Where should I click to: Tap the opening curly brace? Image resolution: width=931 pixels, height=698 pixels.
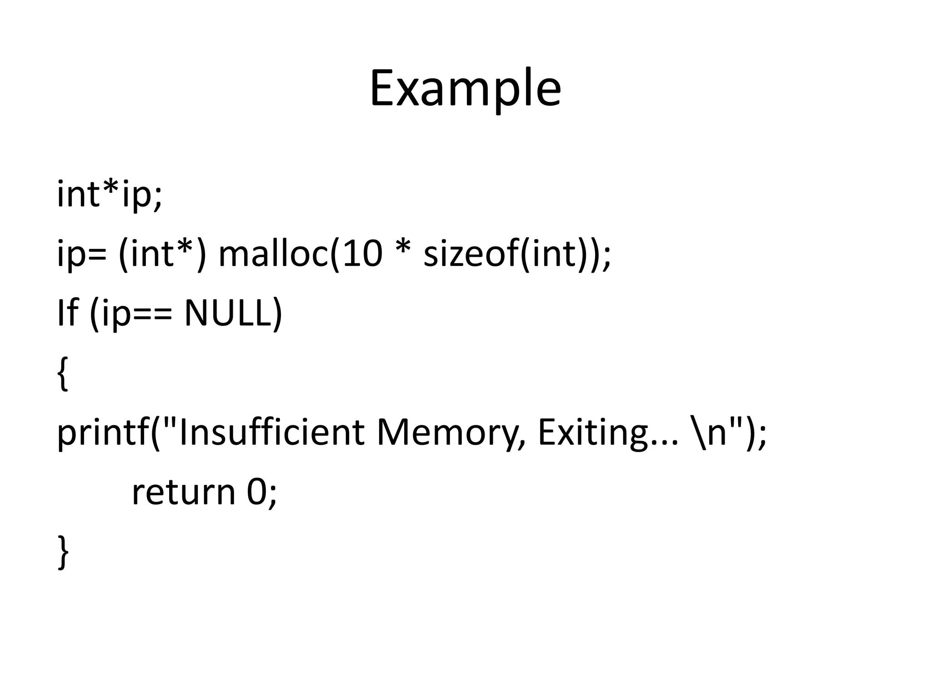pos(63,374)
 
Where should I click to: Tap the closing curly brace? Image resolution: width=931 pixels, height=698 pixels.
pos(63,552)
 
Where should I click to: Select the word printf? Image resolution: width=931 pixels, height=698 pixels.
pos(102,433)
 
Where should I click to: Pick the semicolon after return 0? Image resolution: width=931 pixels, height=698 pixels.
pos(272,496)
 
